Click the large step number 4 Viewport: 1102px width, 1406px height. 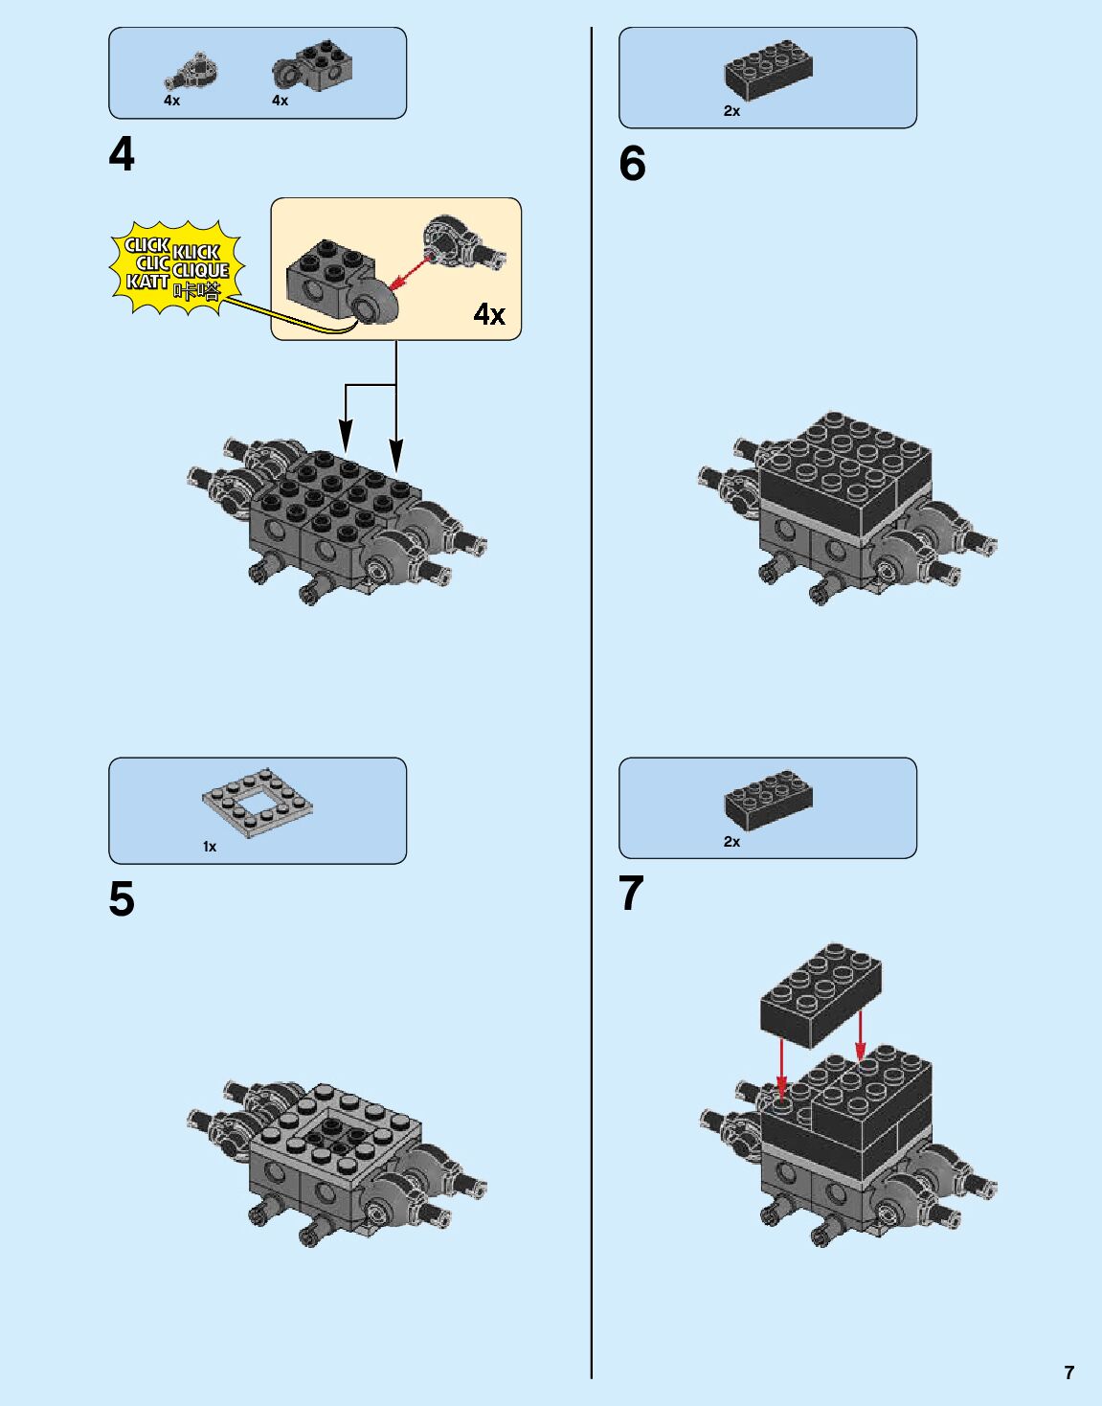click(x=122, y=156)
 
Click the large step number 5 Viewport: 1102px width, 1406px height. click(x=122, y=899)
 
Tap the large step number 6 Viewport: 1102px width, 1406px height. click(x=632, y=163)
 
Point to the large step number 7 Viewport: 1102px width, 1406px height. click(x=631, y=893)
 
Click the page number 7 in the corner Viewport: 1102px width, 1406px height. click(x=1069, y=1372)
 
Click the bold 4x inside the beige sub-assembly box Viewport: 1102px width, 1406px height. click(x=489, y=314)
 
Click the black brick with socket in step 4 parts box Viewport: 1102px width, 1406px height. click(x=314, y=66)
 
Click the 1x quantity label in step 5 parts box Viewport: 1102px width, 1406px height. click(x=210, y=847)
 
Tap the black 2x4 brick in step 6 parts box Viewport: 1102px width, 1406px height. click(x=768, y=69)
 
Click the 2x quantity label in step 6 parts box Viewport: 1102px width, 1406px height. click(x=731, y=111)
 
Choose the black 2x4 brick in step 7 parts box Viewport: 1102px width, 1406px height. click(x=768, y=801)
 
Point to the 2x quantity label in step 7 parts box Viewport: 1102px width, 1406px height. click(x=731, y=842)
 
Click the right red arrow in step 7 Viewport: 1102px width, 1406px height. click(x=860, y=1035)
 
